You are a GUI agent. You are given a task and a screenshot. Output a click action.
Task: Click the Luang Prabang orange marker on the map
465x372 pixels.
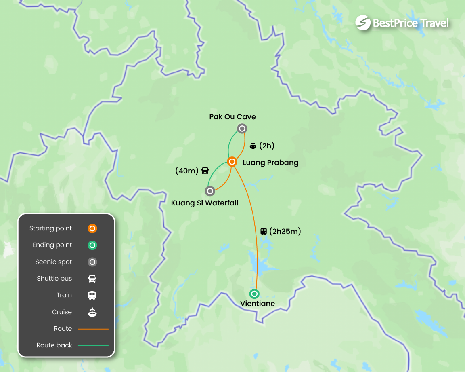(232, 162)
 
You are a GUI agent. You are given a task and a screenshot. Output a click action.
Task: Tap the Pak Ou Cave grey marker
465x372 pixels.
(242, 129)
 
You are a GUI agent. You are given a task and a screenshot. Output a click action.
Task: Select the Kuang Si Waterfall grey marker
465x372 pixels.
(210, 191)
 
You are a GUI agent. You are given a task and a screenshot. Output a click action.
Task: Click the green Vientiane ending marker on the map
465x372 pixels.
(254, 294)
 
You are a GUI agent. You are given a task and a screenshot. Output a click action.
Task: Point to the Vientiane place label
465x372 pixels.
(258, 304)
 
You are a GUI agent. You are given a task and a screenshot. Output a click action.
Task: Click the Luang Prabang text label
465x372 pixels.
(270, 163)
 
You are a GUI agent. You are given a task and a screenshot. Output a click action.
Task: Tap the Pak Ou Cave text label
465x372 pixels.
(232, 117)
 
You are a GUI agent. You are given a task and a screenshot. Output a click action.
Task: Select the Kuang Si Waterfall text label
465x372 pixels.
(205, 203)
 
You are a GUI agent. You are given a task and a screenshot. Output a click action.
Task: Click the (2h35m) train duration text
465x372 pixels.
(285, 231)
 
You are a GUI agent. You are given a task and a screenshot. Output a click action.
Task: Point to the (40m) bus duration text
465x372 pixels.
(187, 171)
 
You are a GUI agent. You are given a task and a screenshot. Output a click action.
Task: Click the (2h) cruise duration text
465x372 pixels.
(267, 146)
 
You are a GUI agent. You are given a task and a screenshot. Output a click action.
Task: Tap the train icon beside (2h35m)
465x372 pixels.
(264, 231)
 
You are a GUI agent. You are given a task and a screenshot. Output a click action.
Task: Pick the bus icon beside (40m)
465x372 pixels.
(205, 170)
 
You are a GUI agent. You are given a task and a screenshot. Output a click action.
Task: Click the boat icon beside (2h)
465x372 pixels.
(253, 145)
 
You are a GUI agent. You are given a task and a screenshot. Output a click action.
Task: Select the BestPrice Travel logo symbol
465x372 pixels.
(363, 23)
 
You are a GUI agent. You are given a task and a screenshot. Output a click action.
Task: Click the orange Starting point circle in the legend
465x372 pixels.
(92, 228)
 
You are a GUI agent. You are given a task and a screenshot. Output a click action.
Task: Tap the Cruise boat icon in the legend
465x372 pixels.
(92, 312)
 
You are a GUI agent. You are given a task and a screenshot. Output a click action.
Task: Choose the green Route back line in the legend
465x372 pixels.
(93, 346)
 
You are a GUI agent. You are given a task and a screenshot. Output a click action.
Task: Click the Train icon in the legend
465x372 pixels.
(92, 296)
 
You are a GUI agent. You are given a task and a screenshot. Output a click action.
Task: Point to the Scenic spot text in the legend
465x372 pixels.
(54, 262)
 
